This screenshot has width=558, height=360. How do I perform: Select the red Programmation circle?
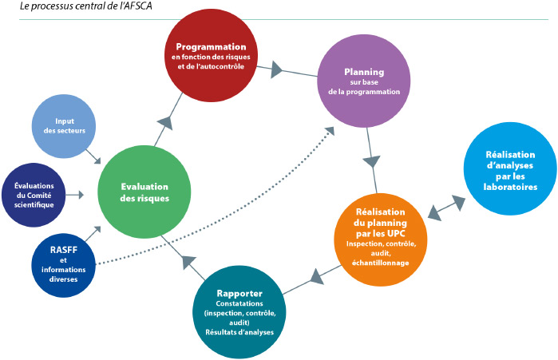point(211,56)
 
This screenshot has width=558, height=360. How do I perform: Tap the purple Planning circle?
point(364,81)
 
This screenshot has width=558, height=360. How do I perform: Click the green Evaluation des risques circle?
point(144,192)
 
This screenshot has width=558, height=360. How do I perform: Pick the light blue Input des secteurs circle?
point(64,126)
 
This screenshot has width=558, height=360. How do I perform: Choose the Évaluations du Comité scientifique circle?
point(34,195)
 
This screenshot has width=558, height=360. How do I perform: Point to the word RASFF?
point(64,250)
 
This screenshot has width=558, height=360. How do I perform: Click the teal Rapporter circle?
point(239,312)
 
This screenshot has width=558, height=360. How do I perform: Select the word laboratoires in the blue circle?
point(510,187)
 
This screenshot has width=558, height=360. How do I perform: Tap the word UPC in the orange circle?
point(397,234)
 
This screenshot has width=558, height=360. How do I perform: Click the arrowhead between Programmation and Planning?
point(276,69)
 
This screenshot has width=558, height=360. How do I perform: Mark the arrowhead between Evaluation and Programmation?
point(165,123)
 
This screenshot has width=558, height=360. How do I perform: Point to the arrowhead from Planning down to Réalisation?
point(372,162)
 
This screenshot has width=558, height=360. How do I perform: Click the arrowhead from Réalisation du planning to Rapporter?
point(317,277)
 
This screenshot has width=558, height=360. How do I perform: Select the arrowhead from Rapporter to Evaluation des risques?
point(188,262)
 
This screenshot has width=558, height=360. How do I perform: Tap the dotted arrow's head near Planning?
point(330,131)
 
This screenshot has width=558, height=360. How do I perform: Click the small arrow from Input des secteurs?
point(93,156)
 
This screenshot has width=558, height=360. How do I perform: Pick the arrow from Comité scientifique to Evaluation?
point(75,195)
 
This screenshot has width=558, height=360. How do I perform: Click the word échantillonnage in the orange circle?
point(381,263)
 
